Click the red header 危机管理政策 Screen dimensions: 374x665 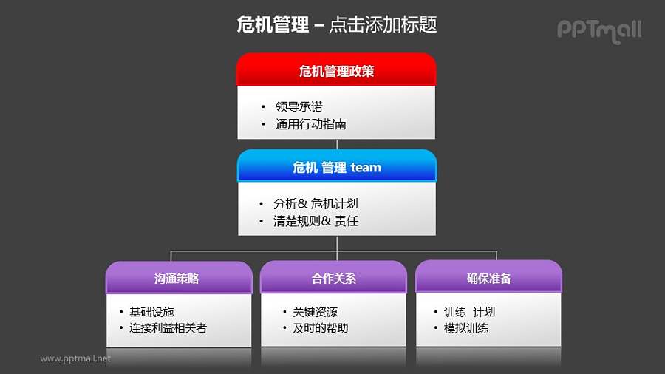(336, 71)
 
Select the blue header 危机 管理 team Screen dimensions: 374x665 (337, 168)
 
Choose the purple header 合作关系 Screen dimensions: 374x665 (333, 279)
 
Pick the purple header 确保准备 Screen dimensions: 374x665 (488, 279)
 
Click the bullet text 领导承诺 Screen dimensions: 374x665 (299, 107)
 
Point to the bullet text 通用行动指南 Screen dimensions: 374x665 (310, 124)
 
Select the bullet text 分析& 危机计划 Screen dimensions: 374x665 (316, 203)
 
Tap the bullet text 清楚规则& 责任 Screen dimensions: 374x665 (316, 221)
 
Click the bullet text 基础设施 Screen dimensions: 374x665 (151, 312)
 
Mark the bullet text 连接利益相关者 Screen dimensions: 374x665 (168, 328)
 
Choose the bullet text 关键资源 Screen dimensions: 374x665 (315, 312)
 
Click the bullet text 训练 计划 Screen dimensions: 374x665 (469, 312)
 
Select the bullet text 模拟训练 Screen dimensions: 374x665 (465, 328)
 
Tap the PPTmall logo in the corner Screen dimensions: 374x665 (598, 30)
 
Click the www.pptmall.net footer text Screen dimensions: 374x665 (75, 358)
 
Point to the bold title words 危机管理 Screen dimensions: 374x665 (272, 25)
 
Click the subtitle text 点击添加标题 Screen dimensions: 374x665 (382, 25)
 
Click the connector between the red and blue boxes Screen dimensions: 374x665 (337, 144)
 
